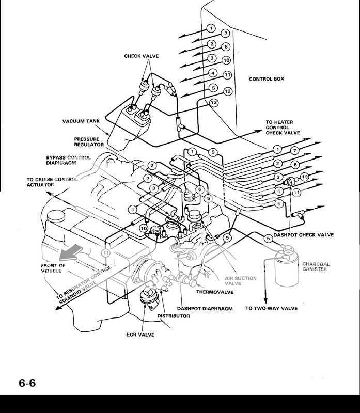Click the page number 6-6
point(27,383)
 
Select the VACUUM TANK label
point(80,122)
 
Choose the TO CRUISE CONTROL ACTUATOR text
point(52,182)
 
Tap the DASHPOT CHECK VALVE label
point(303,235)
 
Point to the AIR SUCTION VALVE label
point(240,281)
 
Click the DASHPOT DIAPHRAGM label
point(205,308)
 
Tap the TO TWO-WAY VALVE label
point(271,308)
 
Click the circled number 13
point(213,103)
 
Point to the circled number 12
point(226,91)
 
